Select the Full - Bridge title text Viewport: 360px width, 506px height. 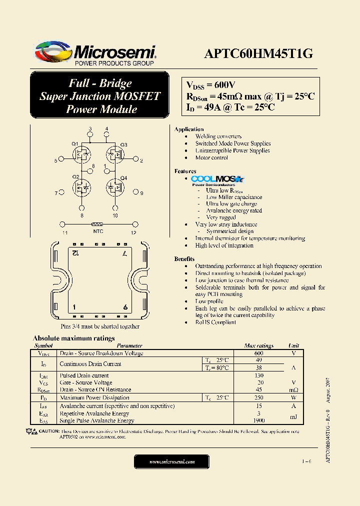point(99,83)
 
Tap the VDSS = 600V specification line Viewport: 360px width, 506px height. point(210,84)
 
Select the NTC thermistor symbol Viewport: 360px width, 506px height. point(98,224)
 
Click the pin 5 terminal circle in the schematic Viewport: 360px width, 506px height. point(61,160)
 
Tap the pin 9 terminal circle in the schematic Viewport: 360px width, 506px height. point(135,192)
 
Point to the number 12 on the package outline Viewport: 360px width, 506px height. point(74,254)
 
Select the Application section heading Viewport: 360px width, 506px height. point(188,129)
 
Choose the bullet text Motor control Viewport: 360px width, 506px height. point(211,157)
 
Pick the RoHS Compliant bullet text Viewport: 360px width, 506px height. point(215,322)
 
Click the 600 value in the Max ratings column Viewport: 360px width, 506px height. point(258,353)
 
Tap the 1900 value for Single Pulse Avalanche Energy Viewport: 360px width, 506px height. point(258,421)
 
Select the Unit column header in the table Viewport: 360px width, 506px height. point(293,345)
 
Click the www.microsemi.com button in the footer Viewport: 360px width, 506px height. point(172,461)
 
